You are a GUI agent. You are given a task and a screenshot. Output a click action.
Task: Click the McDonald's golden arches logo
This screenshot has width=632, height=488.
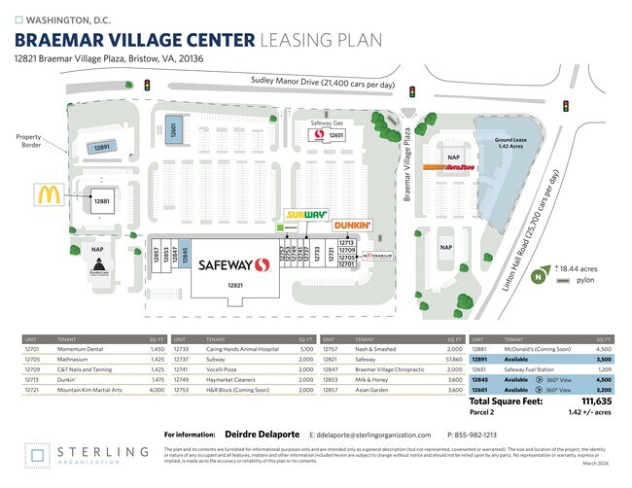tap(50, 195)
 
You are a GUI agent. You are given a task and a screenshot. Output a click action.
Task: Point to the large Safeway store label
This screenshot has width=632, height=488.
tap(233, 265)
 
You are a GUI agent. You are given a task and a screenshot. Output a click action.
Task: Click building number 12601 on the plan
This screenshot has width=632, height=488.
tap(173, 132)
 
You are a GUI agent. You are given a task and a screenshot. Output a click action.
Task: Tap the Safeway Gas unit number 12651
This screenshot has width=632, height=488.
tap(336, 136)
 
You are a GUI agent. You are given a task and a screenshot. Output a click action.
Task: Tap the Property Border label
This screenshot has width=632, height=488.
tap(28, 142)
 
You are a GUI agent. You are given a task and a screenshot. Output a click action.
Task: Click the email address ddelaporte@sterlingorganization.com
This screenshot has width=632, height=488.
tap(369, 435)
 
